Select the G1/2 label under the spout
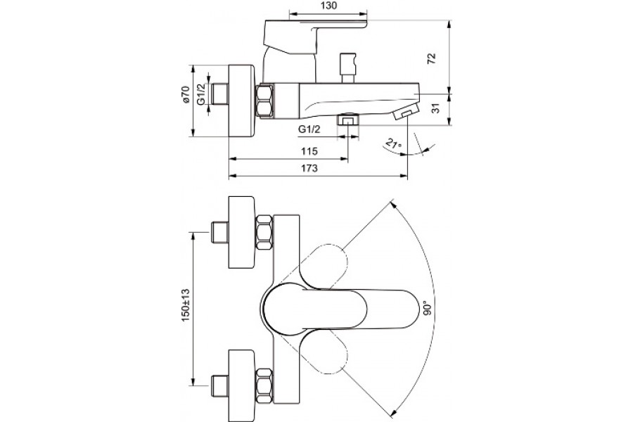coord(309,129)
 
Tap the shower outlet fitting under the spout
coord(347,120)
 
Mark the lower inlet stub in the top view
coord(219,384)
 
